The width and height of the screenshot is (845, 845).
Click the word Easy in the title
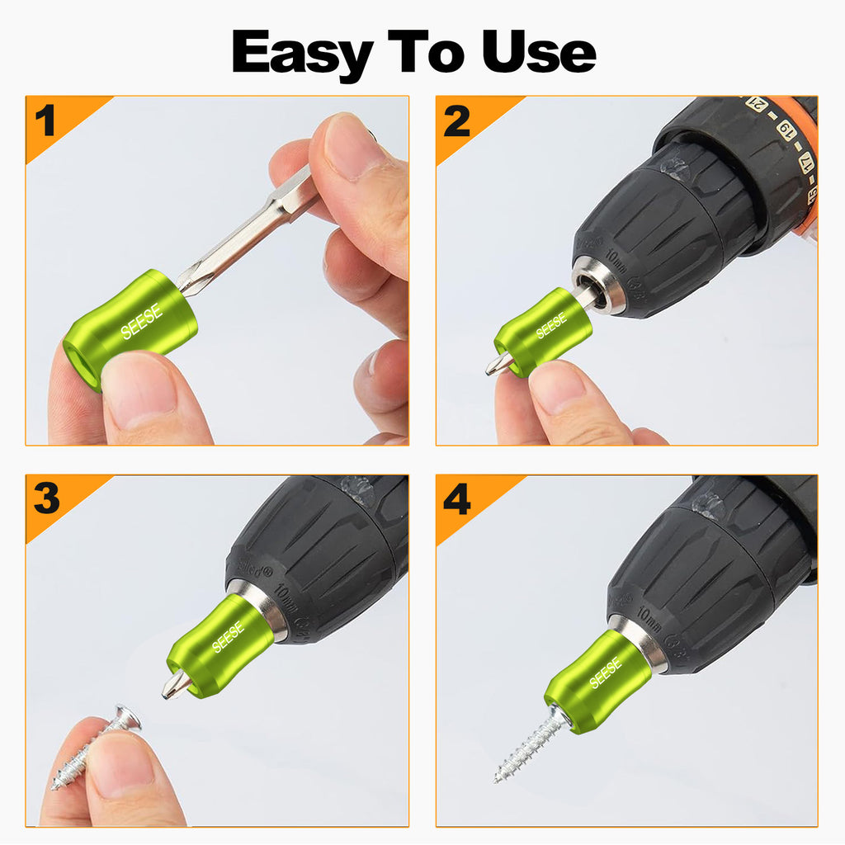(301, 53)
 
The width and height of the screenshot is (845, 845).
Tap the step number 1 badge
(45, 120)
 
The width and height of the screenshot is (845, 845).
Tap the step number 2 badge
(456, 121)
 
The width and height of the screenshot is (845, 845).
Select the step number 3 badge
(46, 499)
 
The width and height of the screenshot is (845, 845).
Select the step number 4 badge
(457, 500)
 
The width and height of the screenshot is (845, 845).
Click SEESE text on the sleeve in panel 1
(142, 321)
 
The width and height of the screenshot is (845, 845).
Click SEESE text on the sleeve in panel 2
(550, 326)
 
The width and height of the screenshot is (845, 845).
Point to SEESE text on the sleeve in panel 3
(228, 636)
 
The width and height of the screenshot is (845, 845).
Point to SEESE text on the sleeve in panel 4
(606, 673)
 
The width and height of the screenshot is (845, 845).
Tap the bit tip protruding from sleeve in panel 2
(498, 364)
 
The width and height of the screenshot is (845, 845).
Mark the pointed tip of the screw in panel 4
(498, 777)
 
